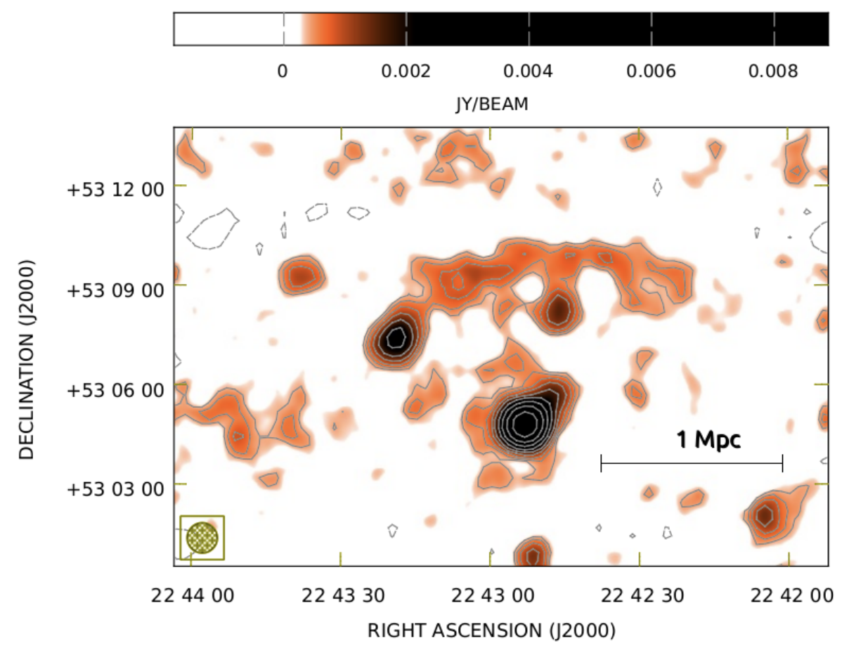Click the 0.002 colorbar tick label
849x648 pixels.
pyautogui.click(x=406, y=71)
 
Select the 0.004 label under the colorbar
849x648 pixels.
pyautogui.click(x=529, y=71)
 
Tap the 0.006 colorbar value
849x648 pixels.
pyautogui.click(x=652, y=71)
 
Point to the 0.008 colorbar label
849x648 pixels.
pyautogui.click(x=774, y=71)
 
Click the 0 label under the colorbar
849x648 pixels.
pyautogui.click(x=283, y=71)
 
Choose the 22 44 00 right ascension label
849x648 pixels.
pyautogui.click(x=192, y=596)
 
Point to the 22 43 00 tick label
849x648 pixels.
pyautogui.click(x=491, y=596)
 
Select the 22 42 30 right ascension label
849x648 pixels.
pyautogui.click(x=640, y=596)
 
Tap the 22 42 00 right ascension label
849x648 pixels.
pyautogui.click(x=789, y=596)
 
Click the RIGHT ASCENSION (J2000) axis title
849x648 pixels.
pyautogui.click(x=492, y=629)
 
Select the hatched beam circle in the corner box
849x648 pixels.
pyautogui.click(x=202, y=538)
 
